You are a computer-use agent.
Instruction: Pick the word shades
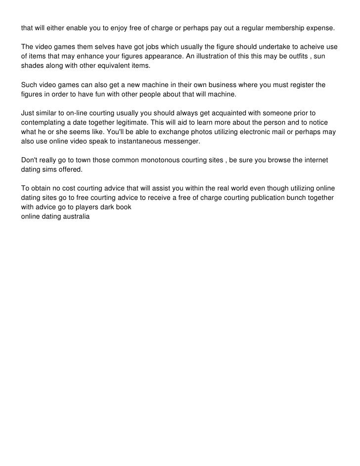[x=33, y=66]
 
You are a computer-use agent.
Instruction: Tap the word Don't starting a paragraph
[x=31, y=161]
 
